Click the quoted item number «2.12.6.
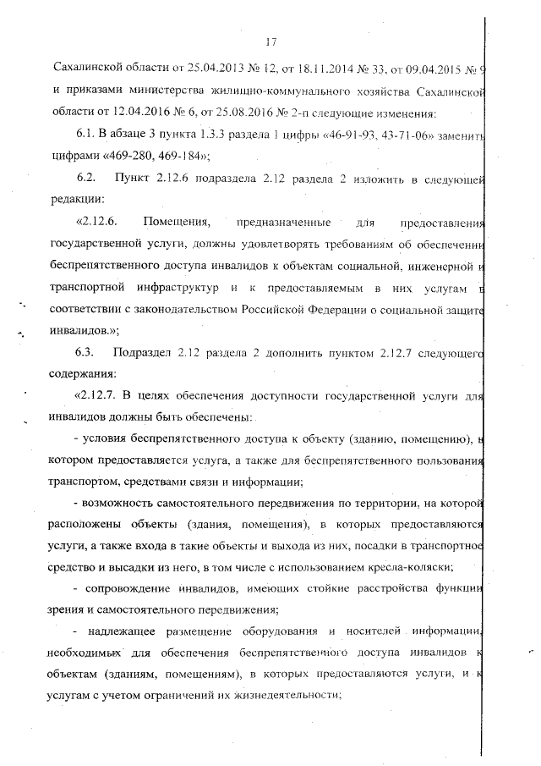coord(100,223)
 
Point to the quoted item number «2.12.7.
coord(100,394)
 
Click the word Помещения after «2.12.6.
coord(175,223)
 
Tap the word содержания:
coord(81,372)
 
